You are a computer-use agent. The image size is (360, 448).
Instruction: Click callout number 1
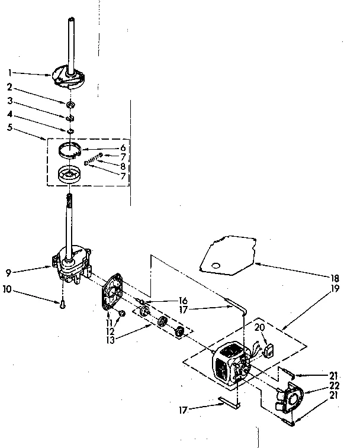click(10, 73)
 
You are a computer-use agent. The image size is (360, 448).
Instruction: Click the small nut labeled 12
click(121, 313)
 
